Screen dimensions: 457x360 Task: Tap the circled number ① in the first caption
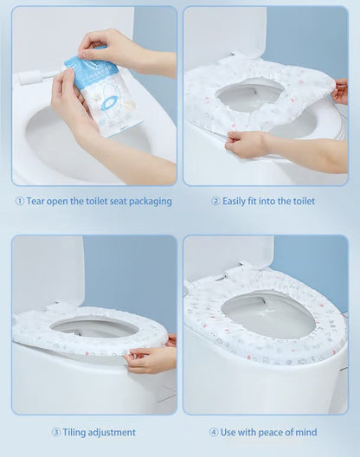[x=19, y=202]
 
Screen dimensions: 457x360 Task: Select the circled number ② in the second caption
[x=215, y=202]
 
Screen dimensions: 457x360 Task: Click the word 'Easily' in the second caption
[x=238, y=202]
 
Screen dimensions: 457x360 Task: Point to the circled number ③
[x=55, y=432]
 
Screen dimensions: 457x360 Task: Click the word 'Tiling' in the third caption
[x=78, y=432]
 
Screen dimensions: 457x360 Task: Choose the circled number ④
[x=213, y=432]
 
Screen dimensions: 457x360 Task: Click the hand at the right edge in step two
[x=340, y=91]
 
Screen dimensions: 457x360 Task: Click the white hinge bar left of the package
[x=40, y=76]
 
